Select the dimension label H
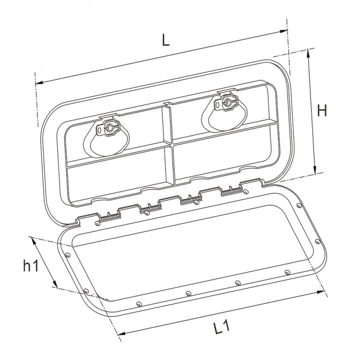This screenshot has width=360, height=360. pyautogui.click(x=322, y=111)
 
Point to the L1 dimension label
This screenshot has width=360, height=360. pyautogui.click(x=221, y=327)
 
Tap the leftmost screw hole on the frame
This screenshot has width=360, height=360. pyautogui.click(x=67, y=254)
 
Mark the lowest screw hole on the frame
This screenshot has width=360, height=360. pyautogui.click(x=138, y=303)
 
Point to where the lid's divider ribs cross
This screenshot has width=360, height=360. pyautogui.click(x=169, y=143)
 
